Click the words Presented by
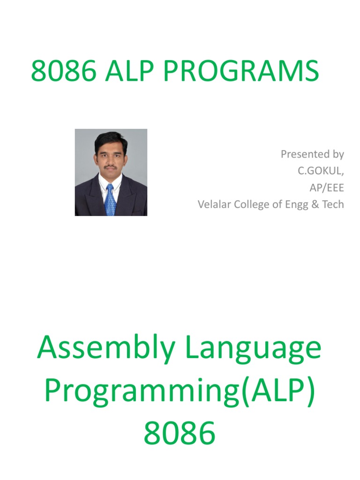(x=312, y=154)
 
